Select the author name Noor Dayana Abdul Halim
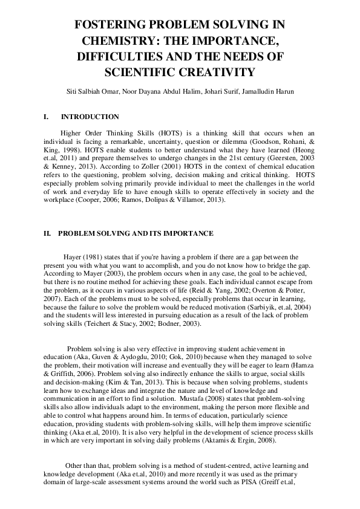[x=163, y=91]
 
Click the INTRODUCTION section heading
[x=90, y=117]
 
